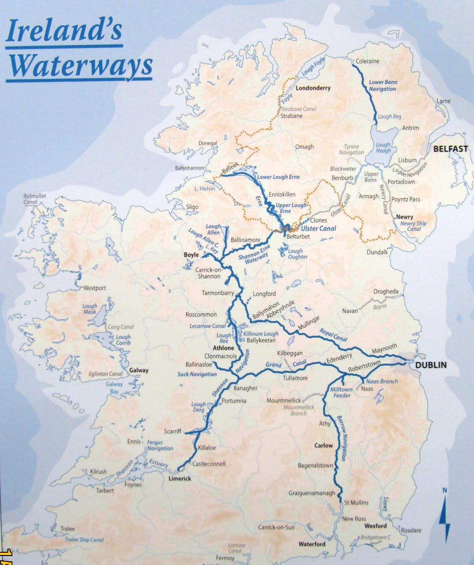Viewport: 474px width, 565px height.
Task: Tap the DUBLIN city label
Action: (431, 365)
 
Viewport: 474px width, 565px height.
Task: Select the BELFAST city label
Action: (450, 149)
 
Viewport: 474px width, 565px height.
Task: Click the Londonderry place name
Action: (313, 88)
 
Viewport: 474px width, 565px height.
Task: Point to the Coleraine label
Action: (367, 61)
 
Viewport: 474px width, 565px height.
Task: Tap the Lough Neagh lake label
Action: (383, 148)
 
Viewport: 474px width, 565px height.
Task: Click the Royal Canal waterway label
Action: (333, 335)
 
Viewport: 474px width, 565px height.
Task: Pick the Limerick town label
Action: (180, 478)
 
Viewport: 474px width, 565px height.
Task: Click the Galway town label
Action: (139, 370)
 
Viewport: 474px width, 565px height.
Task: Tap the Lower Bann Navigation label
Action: (383, 85)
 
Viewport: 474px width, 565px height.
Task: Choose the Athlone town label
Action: (223, 348)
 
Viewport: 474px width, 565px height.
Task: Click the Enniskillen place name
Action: (282, 194)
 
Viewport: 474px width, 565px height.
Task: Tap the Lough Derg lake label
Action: (198, 407)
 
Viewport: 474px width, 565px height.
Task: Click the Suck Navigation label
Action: (197, 374)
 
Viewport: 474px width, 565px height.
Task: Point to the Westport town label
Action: (94, 288)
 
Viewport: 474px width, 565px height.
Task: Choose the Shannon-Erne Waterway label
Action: (254, 254)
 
